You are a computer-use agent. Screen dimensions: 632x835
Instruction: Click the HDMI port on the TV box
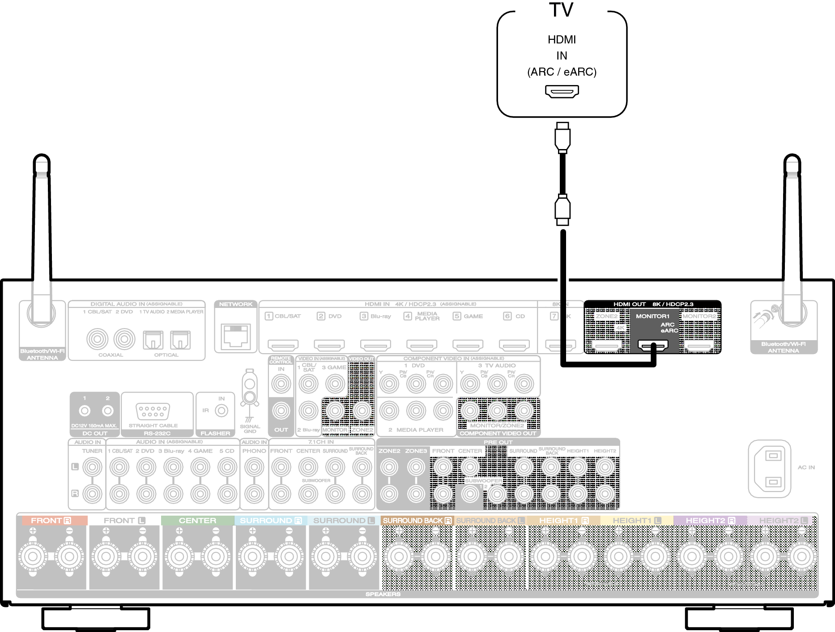[562, 91]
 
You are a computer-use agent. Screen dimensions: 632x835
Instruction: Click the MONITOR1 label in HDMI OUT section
[652, 316]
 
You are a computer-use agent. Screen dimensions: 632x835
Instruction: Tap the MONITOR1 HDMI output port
[653, 346]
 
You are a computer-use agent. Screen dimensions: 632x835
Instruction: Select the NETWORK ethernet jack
[236, 337]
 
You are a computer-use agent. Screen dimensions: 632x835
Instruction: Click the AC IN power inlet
[773, 469]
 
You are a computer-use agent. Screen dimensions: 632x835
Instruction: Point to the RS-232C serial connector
[153, 410]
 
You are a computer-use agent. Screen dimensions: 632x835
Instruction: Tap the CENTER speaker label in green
[197, 521]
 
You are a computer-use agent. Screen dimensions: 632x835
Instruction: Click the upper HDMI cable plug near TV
[562, 137]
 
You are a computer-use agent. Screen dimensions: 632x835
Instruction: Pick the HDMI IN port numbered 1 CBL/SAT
[283, 345]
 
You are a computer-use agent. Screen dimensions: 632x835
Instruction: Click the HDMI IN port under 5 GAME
[468, 345]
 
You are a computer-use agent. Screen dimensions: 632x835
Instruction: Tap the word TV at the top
[561, 10]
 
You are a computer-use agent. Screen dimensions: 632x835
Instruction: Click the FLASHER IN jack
[221, 410]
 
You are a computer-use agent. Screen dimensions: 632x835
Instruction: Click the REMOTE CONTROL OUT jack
[281, 410]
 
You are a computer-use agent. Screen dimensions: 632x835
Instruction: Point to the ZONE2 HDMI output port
[607, 346]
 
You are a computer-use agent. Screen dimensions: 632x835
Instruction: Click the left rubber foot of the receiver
[95, 619]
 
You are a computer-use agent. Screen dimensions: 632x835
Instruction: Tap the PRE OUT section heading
[498, 442]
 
